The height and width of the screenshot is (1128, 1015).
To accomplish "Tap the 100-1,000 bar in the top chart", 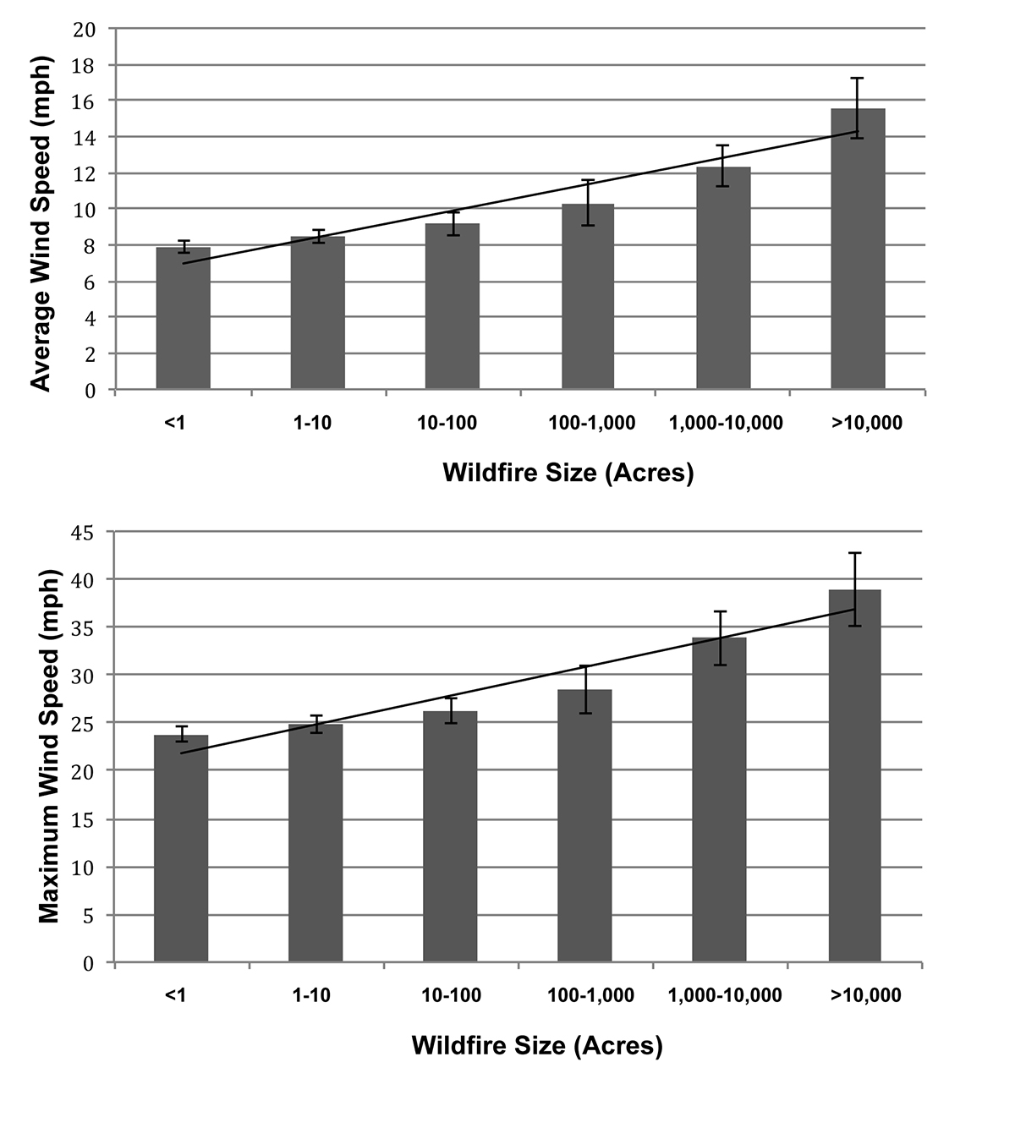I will (588, 297).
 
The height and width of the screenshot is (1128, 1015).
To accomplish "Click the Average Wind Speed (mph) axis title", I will (41, 224).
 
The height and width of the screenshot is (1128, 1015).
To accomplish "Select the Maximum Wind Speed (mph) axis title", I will (49, 747).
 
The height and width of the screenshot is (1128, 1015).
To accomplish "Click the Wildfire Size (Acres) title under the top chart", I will (568, 473).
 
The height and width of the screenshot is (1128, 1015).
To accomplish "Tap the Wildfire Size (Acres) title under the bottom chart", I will (537, 1045).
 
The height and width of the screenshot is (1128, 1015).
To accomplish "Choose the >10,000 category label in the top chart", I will (867, 423).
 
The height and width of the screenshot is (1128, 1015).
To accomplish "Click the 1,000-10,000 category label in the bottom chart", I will (725, 995).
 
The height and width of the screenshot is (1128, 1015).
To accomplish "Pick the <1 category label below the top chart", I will (175, 423).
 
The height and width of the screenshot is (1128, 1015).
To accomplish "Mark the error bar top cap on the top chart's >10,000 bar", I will (858, 79).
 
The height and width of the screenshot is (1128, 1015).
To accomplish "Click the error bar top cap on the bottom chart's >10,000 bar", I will (855, 553).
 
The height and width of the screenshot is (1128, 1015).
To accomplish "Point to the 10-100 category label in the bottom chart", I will (451, 995).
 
